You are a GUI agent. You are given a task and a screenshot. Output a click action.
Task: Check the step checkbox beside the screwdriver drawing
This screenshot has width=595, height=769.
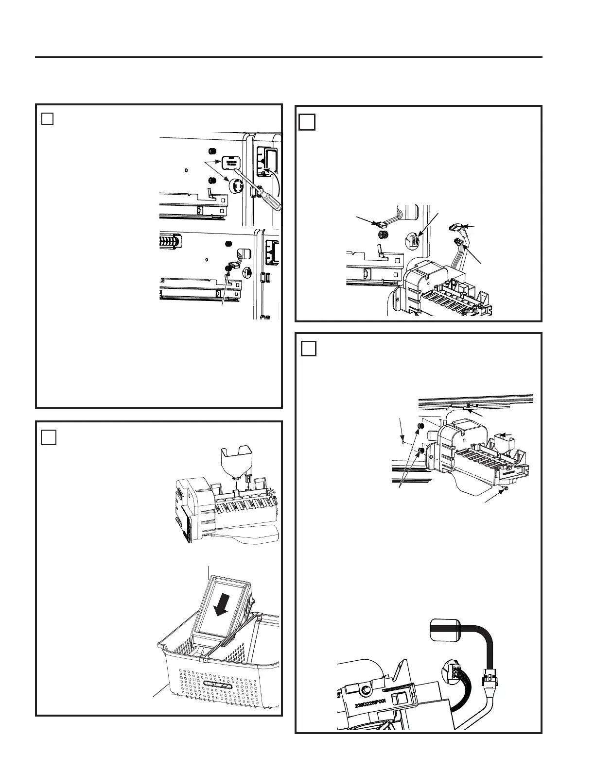(x=47, y=118)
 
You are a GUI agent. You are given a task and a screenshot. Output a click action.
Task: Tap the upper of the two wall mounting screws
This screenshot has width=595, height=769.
(x=421, y=426)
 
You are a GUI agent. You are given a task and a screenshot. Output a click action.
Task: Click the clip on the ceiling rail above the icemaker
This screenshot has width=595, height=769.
(x=469, y=406)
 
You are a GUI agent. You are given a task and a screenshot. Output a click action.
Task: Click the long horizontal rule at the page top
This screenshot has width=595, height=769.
(x=288, y=57)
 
